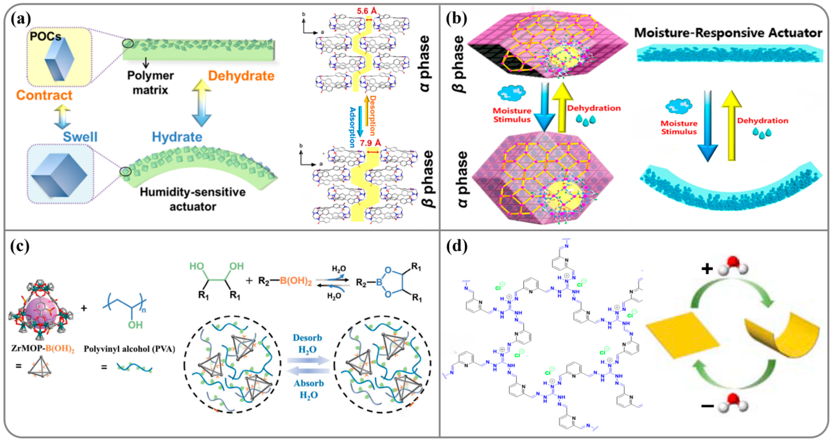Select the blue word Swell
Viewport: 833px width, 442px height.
[x=80, y=137]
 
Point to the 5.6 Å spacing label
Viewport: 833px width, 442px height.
[x=367, y=11]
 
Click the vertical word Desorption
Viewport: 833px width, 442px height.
[x=372, y=115]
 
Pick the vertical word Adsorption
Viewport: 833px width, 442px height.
[x=352, y=127]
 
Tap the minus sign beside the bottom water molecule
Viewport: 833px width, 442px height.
[x=707, y=405]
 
